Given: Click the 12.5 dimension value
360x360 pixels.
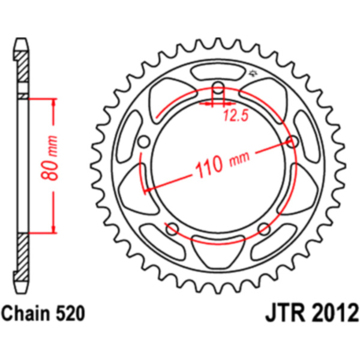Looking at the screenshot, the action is pyautogui.click(x=236, y=115).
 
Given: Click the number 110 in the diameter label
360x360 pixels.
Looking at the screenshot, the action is pyautogui.click(x=209, y=166).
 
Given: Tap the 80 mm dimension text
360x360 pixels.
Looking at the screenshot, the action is pyautogui.click(x=49, y=158).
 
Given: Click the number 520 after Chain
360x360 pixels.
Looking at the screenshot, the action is pyautogui.click(x=70, y=313).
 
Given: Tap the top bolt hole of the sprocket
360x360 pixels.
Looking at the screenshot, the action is pyautogui.click(x=218, y=88).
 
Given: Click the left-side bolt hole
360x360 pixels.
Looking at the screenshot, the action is pyautogui.click(x=144, y=142).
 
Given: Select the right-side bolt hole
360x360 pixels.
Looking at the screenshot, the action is pyautogui.click(x=292, y=142).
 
